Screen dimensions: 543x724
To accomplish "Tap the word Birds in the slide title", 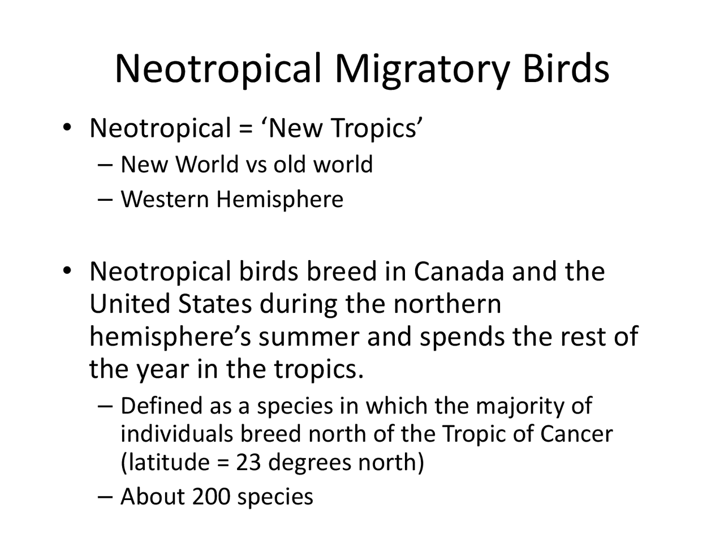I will click(x=566, y=68).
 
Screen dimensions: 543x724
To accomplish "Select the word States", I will click(x=215, y=304).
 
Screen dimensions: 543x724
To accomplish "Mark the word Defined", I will click(x=161, y=406).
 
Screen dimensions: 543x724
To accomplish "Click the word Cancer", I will click(x=576, y=434).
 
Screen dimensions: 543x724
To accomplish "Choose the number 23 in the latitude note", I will click(x=249, y=463).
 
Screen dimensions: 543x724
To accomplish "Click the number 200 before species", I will click(x=211, y=497).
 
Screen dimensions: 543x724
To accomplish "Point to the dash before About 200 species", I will click(x=105, y=497).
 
